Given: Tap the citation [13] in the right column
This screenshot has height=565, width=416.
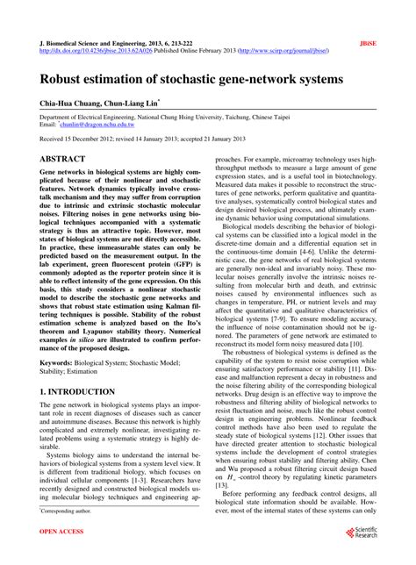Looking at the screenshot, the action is coord(222,484).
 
